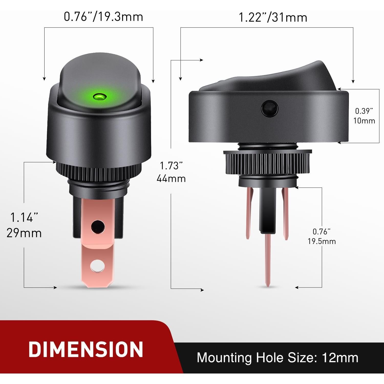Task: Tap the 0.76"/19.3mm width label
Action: (103, 17)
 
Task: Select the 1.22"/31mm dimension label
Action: (273, 17)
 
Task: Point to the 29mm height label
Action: (24, 233)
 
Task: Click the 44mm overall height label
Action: (171, 178)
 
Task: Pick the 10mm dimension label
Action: (364, 121)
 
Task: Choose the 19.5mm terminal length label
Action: (322, 241)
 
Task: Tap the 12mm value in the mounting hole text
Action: (340, 357)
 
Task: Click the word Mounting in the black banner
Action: (224, 358)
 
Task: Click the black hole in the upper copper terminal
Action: (98, 226)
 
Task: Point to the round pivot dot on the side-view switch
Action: (269, 109)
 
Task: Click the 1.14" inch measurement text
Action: (24, 218)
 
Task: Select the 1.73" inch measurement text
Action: (171, 166)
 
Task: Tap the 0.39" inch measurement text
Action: (364, 111)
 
